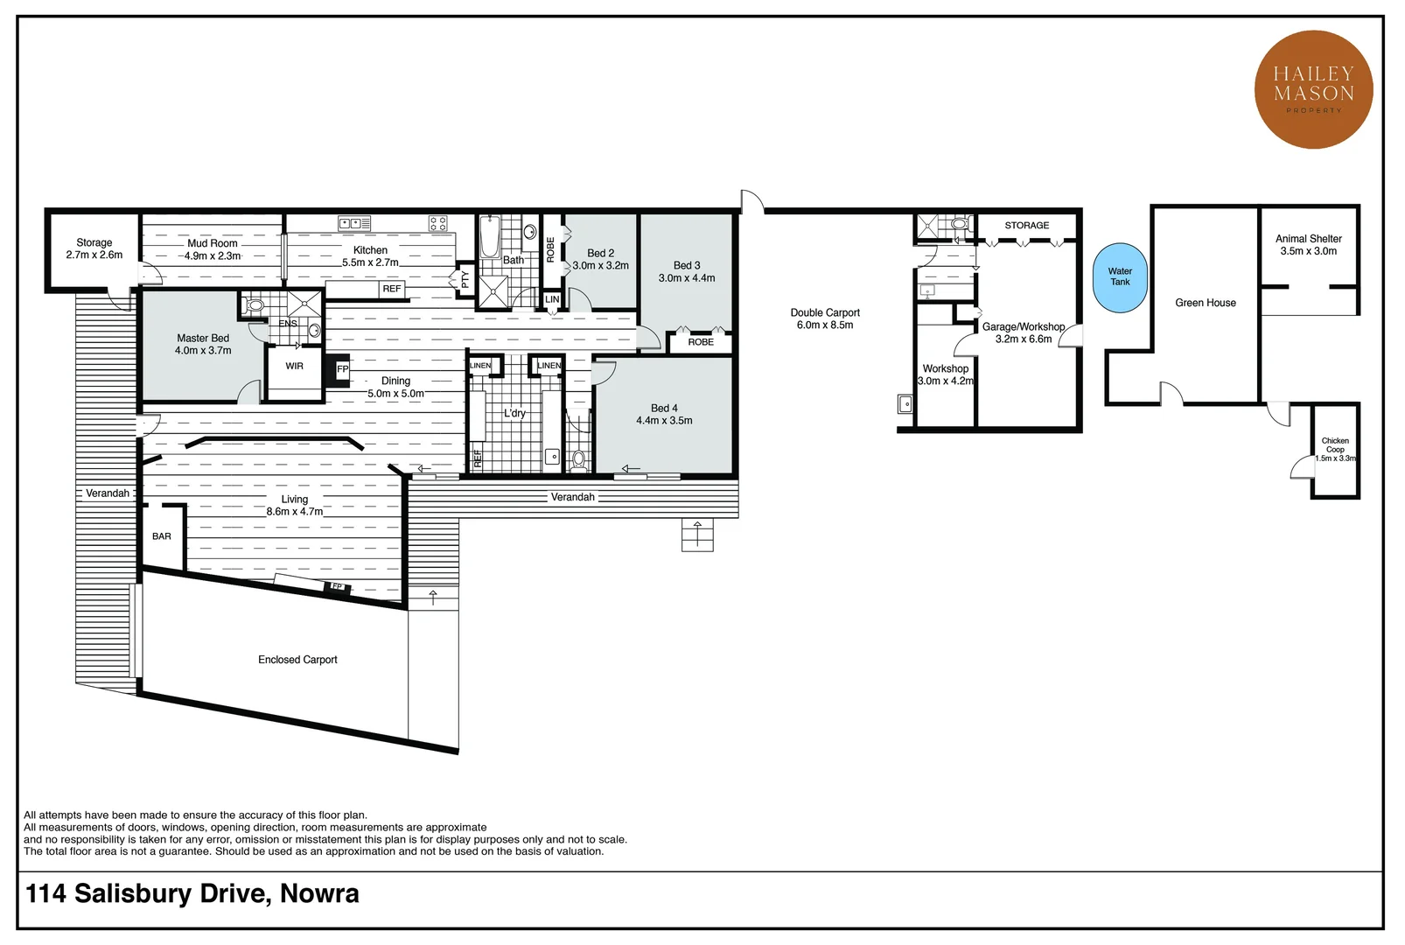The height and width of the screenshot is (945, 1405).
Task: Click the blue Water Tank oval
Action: [x=1120, y=277]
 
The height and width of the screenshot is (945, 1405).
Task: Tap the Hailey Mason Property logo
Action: [x=1314, y=90]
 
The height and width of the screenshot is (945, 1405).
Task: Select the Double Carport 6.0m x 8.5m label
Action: [x=825, y=318]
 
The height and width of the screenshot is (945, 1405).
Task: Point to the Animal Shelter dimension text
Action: [x=1308, y=251]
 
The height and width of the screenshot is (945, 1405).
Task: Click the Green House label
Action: [x=1206, y=303]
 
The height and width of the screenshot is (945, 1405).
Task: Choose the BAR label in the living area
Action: [x=162, y=536]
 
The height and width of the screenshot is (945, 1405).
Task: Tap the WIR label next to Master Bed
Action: [x=294, y=366]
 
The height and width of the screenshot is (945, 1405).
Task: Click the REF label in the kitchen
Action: [x=391, y=289]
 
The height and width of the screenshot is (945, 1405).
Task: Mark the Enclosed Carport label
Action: [x=297, y=660]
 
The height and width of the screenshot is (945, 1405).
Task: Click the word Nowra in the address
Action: [x=319, y=894]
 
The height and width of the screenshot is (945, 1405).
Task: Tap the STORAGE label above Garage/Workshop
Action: [x=1026, y=226]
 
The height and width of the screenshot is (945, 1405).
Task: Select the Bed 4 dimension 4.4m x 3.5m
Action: [x=664, y=421]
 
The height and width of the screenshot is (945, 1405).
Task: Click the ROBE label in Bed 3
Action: [x=701, y=342]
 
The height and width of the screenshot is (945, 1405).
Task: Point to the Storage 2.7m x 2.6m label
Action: [x=94, y=249]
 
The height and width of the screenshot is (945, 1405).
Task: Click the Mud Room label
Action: [x=213, y=244]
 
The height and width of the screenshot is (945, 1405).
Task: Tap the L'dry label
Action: [x=514, y=413]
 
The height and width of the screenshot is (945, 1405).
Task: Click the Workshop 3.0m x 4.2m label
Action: [x=945, y=374]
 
